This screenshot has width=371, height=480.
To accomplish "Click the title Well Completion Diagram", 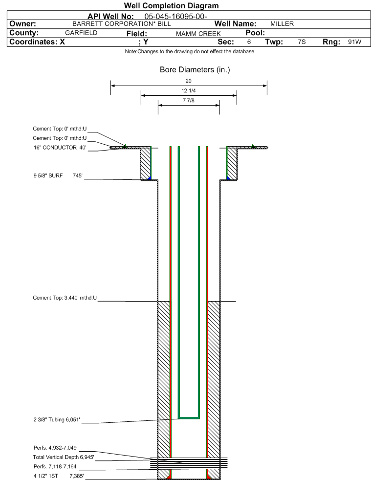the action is [x=172, y=5].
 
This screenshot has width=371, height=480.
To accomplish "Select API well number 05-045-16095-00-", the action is [x=175, y=16].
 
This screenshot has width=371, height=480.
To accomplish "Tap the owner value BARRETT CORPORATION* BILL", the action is [x=122, y=24].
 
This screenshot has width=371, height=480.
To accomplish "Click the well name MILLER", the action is [x=282, y=24].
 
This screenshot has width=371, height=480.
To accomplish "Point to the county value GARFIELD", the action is [x=81, y=33].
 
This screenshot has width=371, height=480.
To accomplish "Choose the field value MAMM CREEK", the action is [x=198, y=34].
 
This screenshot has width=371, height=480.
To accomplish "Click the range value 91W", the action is [x=354, y=42].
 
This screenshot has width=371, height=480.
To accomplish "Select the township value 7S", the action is [x=302, y=42].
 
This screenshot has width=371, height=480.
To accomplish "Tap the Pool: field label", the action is [x=255, y=33].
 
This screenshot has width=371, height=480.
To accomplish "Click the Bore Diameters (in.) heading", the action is [x=195, y=70].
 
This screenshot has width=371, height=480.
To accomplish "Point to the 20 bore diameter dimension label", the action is [x=188, y=81].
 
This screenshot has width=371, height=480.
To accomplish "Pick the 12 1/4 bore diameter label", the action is [x=188, y=90].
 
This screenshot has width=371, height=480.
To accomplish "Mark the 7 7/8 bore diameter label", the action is [x=188, y=100].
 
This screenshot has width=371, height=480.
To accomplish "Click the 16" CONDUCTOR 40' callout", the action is [x=60, y=148].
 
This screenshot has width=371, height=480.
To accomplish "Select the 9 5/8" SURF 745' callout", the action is [x=58, y=175].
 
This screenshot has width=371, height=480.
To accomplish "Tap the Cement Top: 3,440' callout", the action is [x=65, y=298].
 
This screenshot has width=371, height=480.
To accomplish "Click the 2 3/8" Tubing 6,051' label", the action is [x=57, y=420].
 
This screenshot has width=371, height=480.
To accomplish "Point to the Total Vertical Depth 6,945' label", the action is [x=64, y=458].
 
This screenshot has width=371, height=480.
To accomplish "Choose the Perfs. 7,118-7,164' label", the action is [x=55, y=467].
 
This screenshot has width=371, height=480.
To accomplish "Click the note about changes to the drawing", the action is [x=190, y=51].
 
